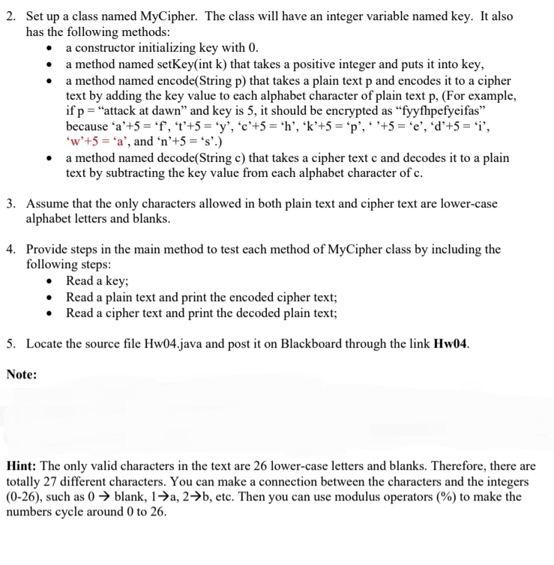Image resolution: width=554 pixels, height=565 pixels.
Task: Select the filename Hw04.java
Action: click(x=167, y=344)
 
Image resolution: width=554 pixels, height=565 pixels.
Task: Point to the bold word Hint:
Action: click(x=23, y=465)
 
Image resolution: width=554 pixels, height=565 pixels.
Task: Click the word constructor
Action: click(x=109, y=49)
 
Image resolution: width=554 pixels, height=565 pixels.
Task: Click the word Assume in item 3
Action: click(x=47, y=204)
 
